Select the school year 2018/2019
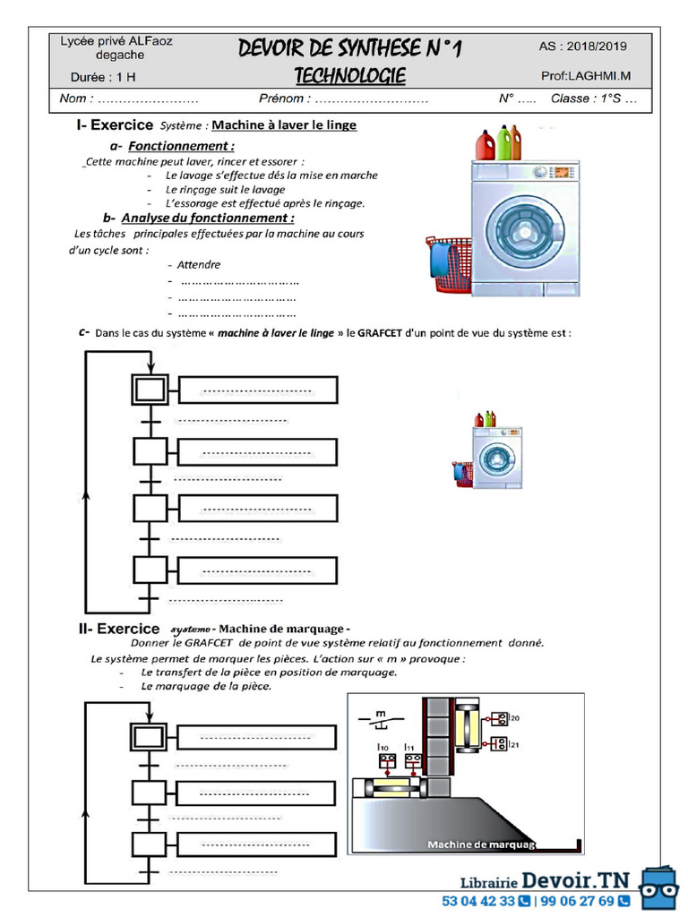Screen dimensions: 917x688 (x=583, y=47)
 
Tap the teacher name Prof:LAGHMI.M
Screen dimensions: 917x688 (x=586, y=77)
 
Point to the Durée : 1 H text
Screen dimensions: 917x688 (x=104, y=77)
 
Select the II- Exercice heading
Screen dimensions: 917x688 (x=119, y=629)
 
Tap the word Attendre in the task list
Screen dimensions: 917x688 (x=198, y=264)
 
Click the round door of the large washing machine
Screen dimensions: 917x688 (x=525, y=231)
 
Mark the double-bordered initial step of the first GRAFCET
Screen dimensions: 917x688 (x=150, y=390)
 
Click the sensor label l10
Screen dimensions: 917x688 (x=383, y=746)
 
